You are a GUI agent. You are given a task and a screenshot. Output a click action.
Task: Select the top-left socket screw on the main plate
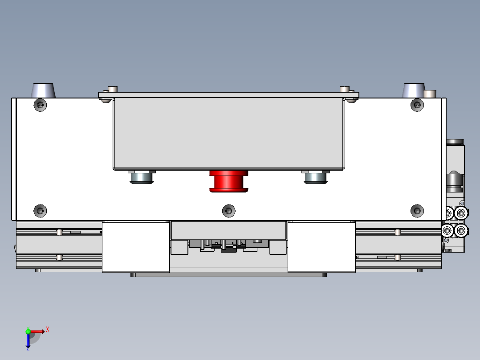click(41, 105)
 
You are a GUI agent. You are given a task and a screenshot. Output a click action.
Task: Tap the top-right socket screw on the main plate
click(417, 105)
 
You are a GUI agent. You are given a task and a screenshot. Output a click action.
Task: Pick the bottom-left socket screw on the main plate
click(41, 210)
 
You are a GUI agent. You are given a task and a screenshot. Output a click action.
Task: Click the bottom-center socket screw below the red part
click(228, 210)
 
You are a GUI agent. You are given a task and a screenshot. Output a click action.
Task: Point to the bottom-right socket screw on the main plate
click(417, 210)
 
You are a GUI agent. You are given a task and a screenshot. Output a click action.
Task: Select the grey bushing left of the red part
click(142, 177)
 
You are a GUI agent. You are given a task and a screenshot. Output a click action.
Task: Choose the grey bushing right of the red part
click(316, 177)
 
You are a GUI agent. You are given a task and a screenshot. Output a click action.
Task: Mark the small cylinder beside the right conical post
click(430, 94)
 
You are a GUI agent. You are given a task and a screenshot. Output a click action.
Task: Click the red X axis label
click(48, 330)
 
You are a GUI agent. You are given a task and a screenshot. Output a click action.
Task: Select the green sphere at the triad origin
click(28, 331)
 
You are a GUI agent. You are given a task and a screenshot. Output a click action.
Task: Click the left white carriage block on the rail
click(136, 246)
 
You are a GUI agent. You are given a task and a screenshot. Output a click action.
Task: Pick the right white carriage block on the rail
click(321, 246)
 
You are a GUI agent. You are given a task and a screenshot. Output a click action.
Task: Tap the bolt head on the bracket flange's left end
click(113, 89)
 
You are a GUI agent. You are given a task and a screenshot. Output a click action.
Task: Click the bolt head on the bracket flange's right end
click(344, 89)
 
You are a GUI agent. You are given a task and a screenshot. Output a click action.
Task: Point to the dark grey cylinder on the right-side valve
click(455, 180)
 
